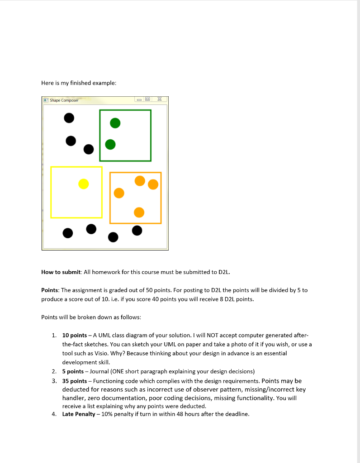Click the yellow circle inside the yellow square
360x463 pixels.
(83, 184)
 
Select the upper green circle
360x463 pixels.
(115, 123)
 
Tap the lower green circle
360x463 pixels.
(110, 144)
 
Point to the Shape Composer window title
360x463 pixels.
(64, 100)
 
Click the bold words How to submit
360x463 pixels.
(61, 272)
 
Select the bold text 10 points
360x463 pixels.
(74, 335)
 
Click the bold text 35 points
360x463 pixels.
(74, 381)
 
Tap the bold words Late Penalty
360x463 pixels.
(79, 414)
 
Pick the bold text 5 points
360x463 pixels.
(73, 371)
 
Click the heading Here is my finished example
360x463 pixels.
(79, 83)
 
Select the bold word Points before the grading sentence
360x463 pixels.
(50, 290)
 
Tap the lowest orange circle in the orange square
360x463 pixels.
(139, 212)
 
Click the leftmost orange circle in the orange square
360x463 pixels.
(119, 193)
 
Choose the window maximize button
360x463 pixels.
(147, 99)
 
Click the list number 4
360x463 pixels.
(54, 414)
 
